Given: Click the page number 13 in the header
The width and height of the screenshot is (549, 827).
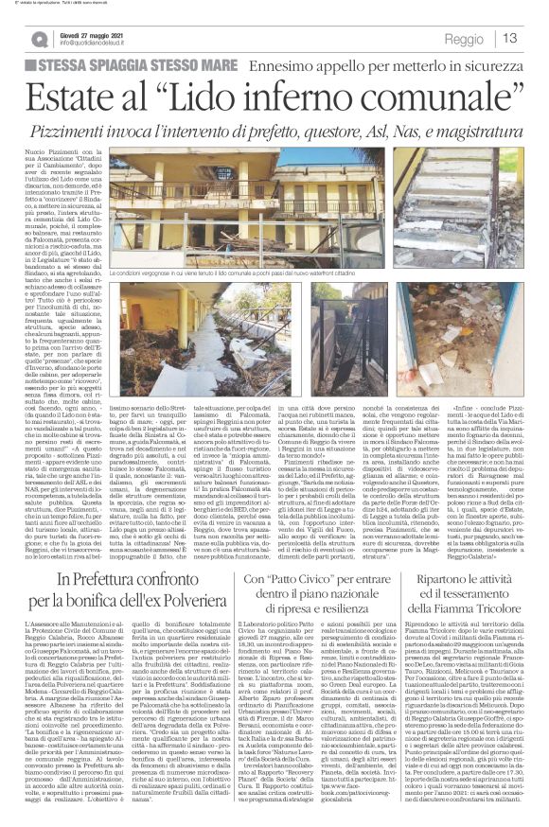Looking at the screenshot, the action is coord(510,39).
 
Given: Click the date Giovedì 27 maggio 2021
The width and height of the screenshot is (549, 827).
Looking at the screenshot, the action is coord(88,34).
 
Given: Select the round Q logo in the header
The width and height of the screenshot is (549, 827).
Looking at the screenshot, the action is coord(39,39).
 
